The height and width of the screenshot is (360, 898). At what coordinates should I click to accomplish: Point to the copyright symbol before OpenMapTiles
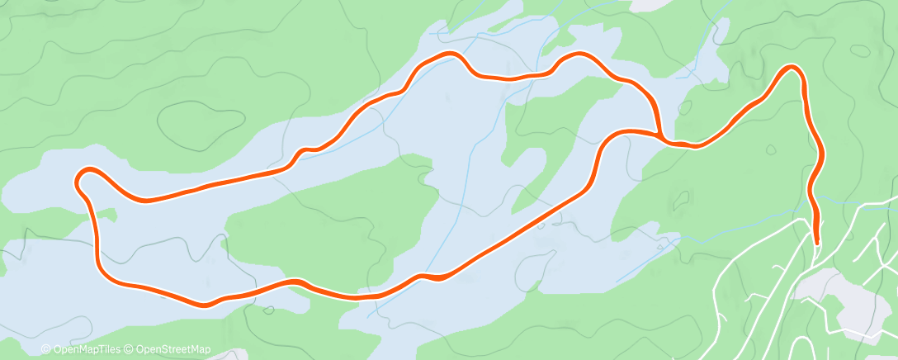[x=45, y=350]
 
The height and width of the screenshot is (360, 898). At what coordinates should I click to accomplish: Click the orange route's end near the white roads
[x=816, y=242]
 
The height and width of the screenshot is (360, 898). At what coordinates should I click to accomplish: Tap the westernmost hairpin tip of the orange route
[x=78, y=178]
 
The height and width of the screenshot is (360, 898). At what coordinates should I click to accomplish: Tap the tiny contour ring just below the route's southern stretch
[x=270, y=311]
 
